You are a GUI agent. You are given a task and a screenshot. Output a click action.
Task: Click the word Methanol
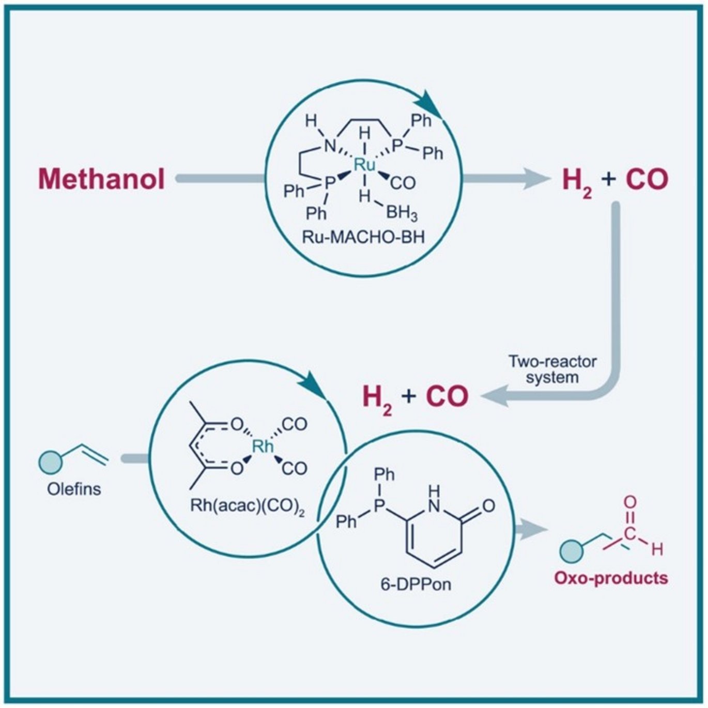(x=101, y=179)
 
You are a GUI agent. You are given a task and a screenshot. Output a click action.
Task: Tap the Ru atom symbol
(x=364, y=165)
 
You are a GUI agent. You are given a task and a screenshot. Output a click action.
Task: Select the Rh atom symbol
(x=263, y=445)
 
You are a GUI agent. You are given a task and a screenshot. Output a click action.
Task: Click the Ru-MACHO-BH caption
(x=364, y=237)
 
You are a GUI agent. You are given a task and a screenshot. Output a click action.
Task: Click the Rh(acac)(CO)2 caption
(x=248, y=505)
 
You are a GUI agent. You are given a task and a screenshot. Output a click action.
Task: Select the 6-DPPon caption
(x=415, y=584)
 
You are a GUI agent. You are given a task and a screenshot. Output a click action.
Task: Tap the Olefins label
(x=74, y=489)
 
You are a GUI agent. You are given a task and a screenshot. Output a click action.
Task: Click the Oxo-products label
(x=611, y=578)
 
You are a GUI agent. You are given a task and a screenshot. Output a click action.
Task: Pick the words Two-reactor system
(x=552, y=369)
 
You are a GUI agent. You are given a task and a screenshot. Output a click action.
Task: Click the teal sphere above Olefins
(x=50, y=461)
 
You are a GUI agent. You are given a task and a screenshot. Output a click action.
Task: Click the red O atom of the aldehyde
(x=630, y=502)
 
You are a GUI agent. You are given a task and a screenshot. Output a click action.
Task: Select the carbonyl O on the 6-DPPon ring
(x=488, y=505)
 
